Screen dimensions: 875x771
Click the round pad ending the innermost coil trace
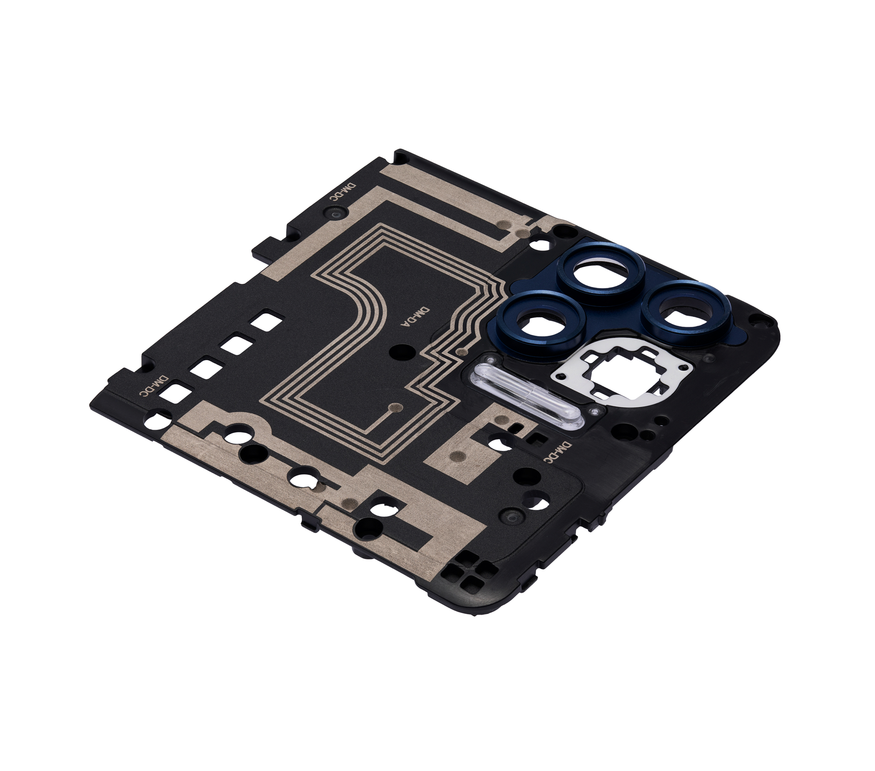click(x=397, y=407)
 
